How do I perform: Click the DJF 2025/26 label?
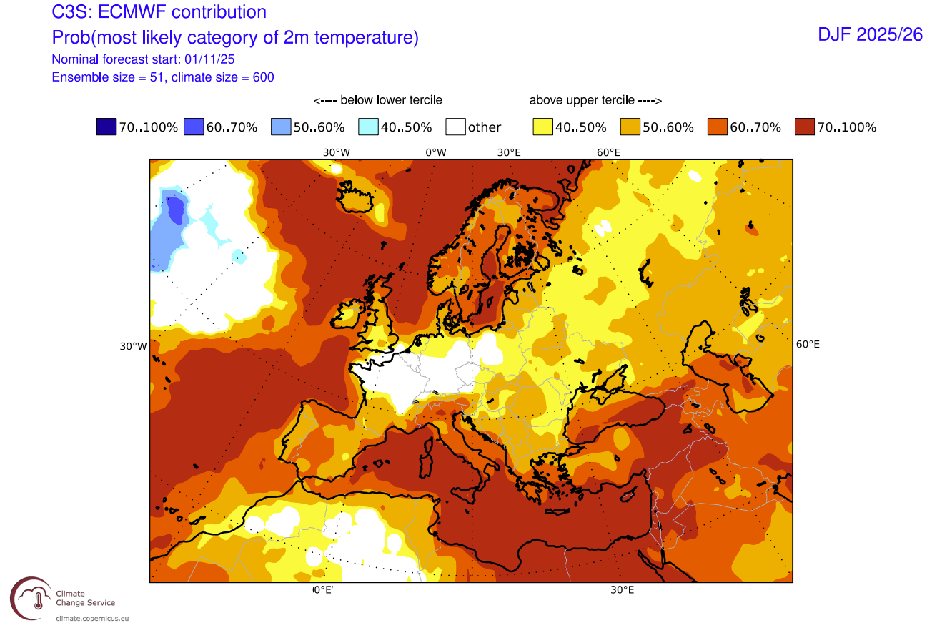pos(870,34)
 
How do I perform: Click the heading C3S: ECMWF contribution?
pos(159,12)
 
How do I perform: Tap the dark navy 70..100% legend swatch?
pos(106,127)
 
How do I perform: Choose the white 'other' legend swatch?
pos(456,127)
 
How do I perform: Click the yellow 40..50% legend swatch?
pos(543,127)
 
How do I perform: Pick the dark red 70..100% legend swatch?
pos(805,127)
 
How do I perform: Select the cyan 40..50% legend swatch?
pos(369,127)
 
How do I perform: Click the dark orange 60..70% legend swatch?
pos(718,127)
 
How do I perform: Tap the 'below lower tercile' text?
pos(377,100)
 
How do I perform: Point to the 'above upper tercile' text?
pos(595,100)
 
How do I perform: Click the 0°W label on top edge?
pos(435,152)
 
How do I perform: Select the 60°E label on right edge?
pos(808,344)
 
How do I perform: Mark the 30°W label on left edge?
pos(133,346)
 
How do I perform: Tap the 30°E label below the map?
pos(622,590)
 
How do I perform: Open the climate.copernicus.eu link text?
pos(93,617)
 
